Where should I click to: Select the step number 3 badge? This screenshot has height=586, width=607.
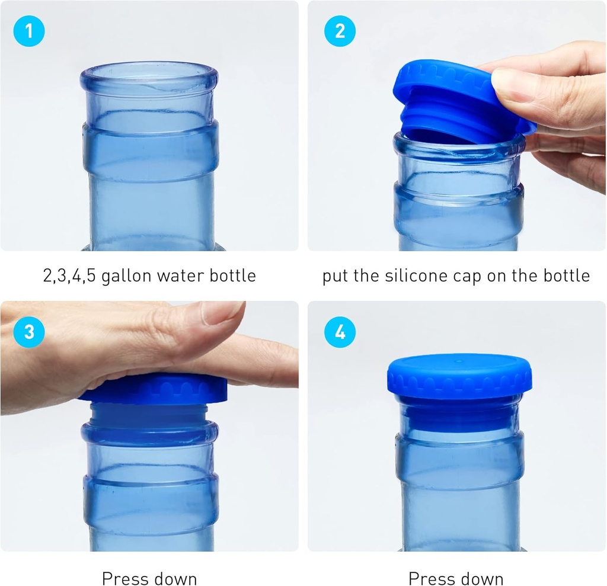tap(28, 332)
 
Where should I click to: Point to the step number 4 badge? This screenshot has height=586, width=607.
tap(340, 332)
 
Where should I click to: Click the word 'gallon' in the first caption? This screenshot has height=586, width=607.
tap(125, 276)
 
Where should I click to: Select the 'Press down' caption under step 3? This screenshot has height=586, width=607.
tap(149, 578)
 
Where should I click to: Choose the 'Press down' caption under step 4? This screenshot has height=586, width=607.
tap(456, 578)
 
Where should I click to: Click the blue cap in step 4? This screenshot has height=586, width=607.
tap(459, 376)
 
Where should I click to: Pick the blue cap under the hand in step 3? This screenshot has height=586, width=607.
tap(154, 389)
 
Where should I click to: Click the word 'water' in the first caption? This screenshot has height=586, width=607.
tap(177, 276)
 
